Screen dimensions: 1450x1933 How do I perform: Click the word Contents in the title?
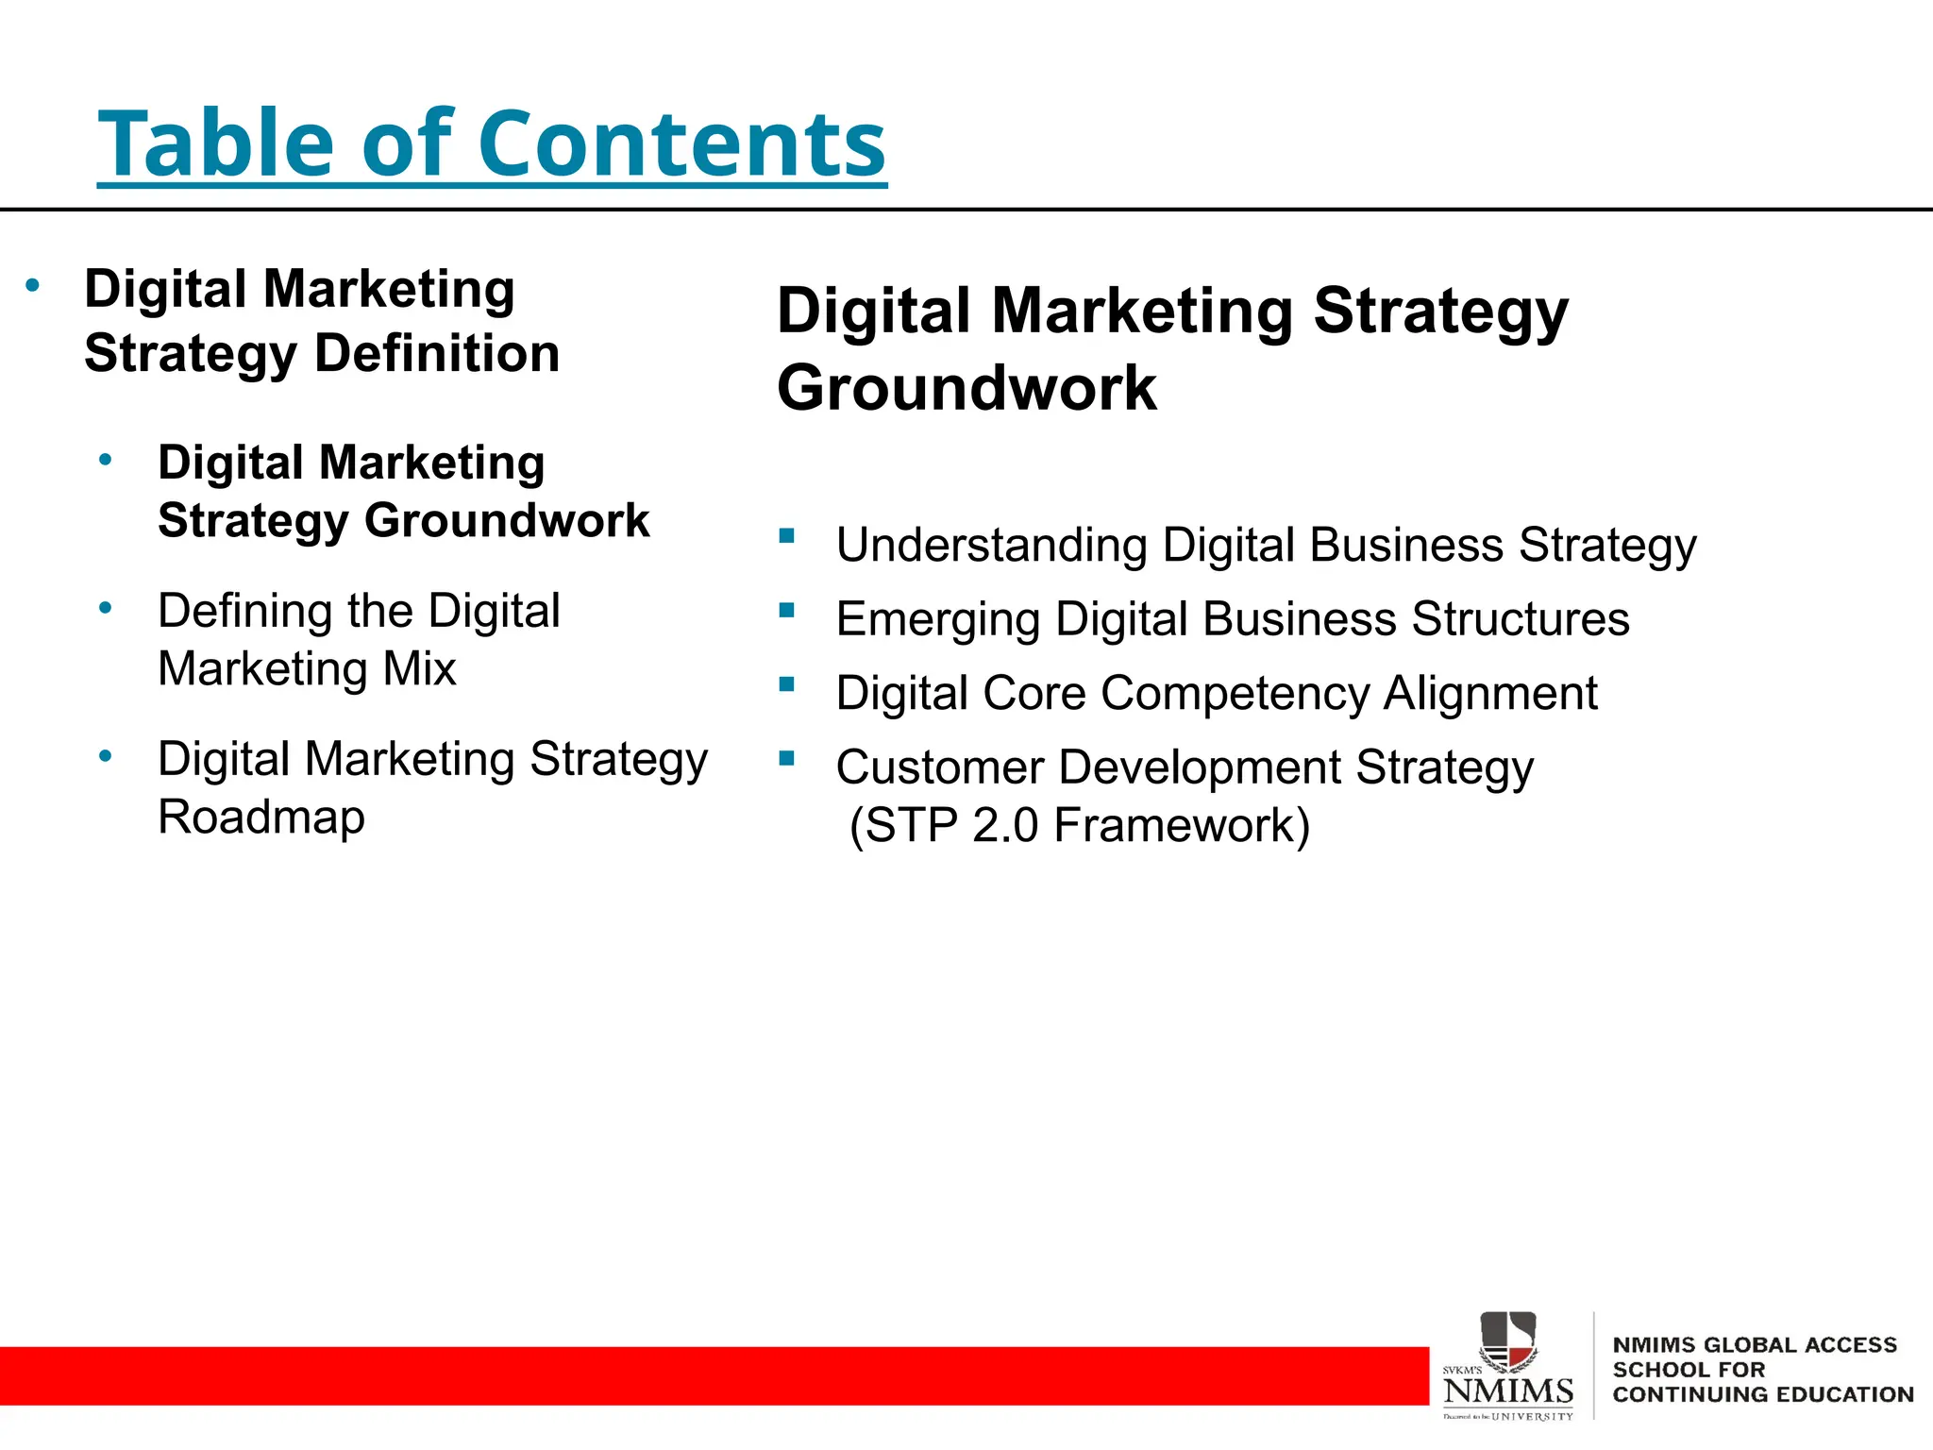pos(681,143)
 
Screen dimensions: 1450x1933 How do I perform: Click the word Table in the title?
pos(216,143)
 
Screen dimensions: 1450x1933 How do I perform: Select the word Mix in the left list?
pos(419,669)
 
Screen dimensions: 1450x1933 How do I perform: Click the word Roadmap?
pos(261,818)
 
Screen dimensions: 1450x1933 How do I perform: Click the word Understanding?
pos(991,547)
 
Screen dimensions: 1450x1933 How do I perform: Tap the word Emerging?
pos(938,620)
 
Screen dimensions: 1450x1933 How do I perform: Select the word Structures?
pos(1521,620)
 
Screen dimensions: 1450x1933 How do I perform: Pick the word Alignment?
pos(1490,694)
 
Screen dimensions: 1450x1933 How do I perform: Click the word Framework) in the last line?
pos(1182,826)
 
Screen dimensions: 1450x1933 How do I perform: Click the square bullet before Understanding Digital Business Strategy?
pos(787,536)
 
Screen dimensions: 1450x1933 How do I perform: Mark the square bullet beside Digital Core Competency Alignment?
pos(787,684)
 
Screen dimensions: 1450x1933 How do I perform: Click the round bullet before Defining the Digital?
pos(106,608)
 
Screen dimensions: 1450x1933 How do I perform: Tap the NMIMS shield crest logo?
pos(1507,1340)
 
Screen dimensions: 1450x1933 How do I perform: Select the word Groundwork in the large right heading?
pos(966,388)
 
